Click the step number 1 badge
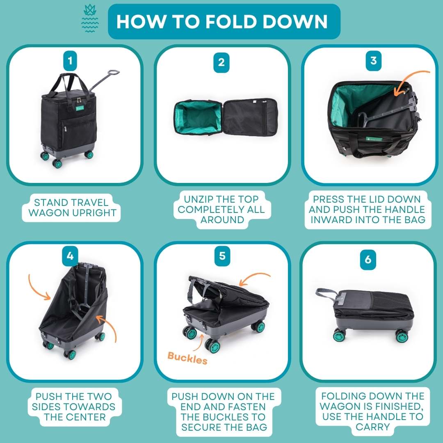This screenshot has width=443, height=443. pyautogui.click(x=70, y=61)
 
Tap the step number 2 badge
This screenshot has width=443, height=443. pyautogui.click(x=221, y=62)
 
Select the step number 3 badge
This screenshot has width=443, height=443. pyautogui.click(x=374, y=61)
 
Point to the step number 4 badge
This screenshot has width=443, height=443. pyautogui.click(x=70, y=256)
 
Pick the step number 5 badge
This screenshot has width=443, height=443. pyautogui.click(x=222, y=256)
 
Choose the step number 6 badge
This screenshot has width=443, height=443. pyautogui.click(x=368, y=260)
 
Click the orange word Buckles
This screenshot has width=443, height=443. pyautogui.click(x=187, y=358)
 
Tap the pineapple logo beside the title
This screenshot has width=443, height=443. pyautogui.click(x=90, y=18)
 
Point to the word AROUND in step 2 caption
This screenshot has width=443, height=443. pyautogui.click(x=222, y=219)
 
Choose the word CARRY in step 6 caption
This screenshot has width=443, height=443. pyautogui.click(x=372, y=427)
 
